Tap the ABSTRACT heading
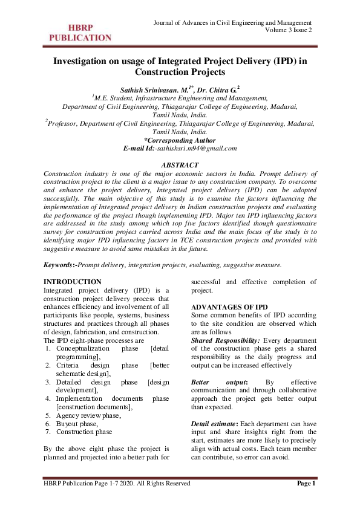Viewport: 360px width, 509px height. [x=180, y=165]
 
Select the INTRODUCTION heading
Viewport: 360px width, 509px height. [x=73, y=282]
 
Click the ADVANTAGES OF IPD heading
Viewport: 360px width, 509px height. [x=229, y=307]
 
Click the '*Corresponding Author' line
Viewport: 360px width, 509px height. [x=180, y=140]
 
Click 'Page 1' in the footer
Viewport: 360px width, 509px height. [x=306, y=484]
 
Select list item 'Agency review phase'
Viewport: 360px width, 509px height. [x=88, y=416]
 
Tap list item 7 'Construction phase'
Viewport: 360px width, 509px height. [x=84, y=432]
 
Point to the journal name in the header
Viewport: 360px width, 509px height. [x=233, y=22]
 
